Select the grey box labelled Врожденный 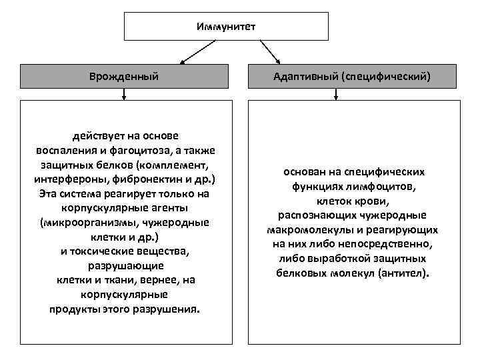124,77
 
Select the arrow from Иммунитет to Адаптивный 270,51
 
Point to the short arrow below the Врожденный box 124,95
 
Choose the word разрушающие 124,265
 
